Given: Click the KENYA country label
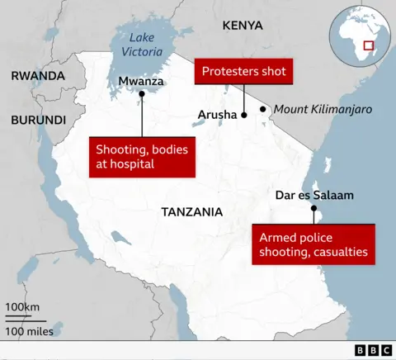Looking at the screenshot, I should pos(243,26).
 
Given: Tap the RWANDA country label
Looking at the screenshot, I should pos(38,76).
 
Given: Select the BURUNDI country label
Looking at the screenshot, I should pos(38,120).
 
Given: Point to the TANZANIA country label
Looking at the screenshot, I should pos(192,212).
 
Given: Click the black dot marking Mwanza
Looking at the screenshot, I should pos(142,93).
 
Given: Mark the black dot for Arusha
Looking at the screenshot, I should pos(244,115).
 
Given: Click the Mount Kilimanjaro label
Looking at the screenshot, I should pos(323,109).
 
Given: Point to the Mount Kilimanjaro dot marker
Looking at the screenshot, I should pos(263,109).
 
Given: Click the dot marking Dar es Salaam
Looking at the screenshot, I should pos(313,209).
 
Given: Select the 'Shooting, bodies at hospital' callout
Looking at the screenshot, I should pos(142,157).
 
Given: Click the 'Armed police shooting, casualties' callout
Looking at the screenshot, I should pos(313,244).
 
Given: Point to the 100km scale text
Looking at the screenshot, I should pos(23,308).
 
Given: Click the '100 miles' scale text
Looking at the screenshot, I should pos(29,331).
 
